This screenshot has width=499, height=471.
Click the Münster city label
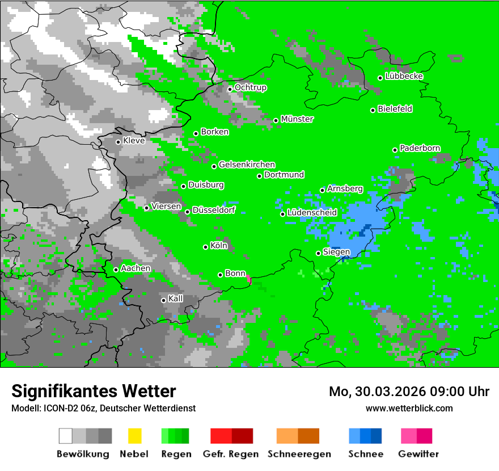pos(297,119)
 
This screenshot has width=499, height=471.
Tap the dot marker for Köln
pos(205,247)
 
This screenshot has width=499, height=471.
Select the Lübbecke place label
pos(404,76)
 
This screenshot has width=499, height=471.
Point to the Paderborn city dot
pos(395,150)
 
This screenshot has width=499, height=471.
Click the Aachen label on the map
pos(136,268)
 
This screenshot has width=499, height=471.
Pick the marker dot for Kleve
pos(118,142)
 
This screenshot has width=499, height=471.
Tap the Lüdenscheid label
pos(312,212)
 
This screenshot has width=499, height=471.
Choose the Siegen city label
pos(336,252)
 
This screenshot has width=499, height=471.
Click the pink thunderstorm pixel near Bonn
pos(249,279)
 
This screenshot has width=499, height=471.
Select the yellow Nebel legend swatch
pos(134,436)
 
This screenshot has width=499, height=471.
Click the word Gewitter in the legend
pos(418,454)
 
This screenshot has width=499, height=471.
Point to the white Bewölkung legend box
pos(66,436)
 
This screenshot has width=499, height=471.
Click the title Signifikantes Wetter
pos(94,391)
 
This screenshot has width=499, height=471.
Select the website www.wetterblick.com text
pos(409,408)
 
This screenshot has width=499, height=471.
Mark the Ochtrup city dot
pos(230,89)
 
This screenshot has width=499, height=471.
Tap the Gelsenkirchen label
pos(247,165)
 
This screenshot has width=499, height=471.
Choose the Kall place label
pos(176,298)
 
